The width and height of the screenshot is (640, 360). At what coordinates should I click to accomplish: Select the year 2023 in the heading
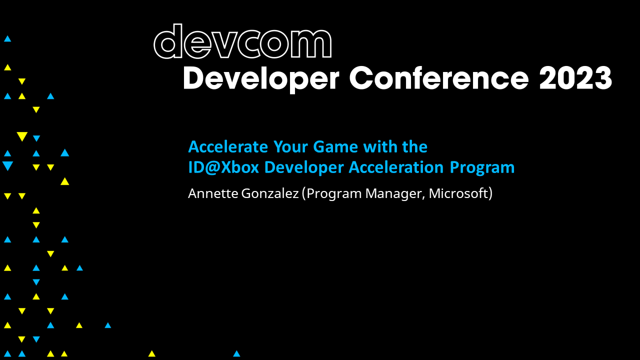[575, 78]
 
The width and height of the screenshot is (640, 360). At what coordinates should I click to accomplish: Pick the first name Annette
[213, 193]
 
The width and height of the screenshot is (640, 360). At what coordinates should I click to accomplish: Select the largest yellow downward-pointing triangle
[21, 136]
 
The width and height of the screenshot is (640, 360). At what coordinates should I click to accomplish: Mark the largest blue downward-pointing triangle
[7, 166]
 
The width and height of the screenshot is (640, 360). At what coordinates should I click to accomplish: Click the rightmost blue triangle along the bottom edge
[236, 354]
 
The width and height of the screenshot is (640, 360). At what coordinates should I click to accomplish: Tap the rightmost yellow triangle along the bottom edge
[151, 354]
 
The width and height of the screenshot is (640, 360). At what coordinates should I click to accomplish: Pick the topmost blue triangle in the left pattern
[7, 38]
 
